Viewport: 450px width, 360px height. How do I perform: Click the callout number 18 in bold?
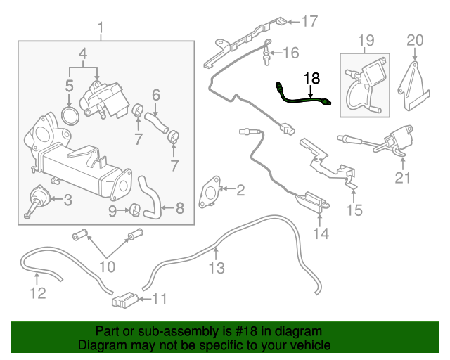pyautogui.click(x=311, y=78)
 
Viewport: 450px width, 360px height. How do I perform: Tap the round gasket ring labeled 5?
pyautogui.click(x=70, y=116)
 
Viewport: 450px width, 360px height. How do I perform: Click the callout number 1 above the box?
pyautogui.click(x=101, y=29)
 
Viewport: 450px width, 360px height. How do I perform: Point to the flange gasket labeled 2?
pyautogui.click(x=210, y=192)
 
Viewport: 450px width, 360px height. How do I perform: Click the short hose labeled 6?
pyautogui.click(x=156, y=123)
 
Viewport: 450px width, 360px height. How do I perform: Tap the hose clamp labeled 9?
pyautogui.click(x=136, y=210)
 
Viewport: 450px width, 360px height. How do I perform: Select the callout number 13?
pyautogui.click(x=217, y=268)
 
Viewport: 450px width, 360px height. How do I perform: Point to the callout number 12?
pyautogui.click(x=38, y=293)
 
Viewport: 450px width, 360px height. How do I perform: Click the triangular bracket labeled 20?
pyautogui.click(x=413, y=86)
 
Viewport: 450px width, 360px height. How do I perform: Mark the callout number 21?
pyautogui.click(x=402, y=178)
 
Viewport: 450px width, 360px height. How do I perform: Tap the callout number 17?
pyautogui.click(x=309, y=22)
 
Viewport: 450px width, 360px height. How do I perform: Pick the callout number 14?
pyautogui.click(x=321, y=233)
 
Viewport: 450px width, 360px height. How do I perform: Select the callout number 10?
pyautogui.click(x=107, y=266)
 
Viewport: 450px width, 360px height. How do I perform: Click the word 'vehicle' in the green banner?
pyautogui.click(x=314, y=345)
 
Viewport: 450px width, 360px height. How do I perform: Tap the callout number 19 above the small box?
pyautogui.click(x=366, y=41)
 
